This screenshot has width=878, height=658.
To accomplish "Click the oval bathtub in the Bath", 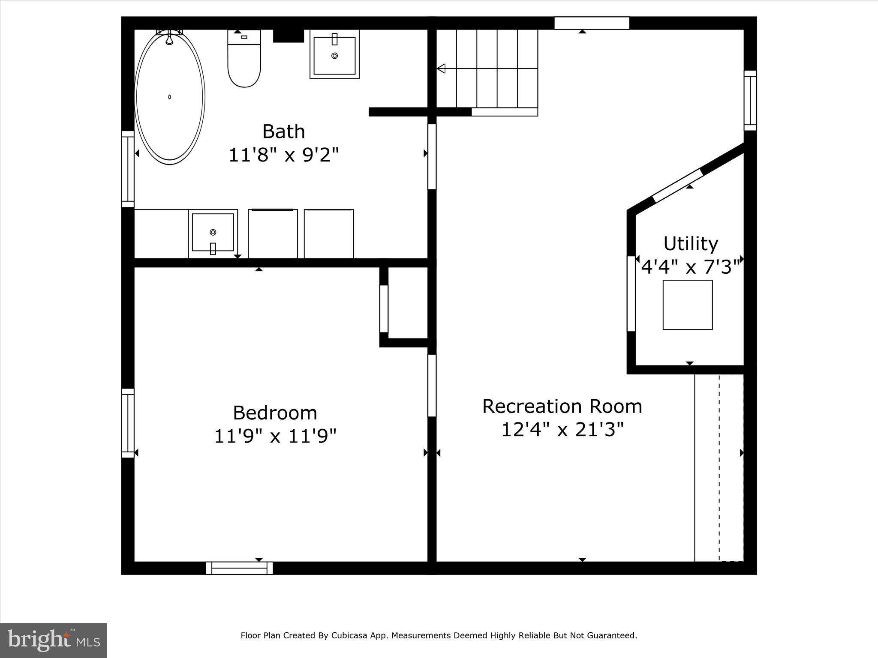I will [170, 98].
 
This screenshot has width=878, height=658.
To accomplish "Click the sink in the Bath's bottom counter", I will [213, 233].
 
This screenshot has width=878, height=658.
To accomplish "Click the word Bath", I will [283, 132].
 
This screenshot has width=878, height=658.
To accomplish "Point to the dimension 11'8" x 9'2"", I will [283, 155].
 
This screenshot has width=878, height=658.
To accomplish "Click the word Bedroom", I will [275, 413].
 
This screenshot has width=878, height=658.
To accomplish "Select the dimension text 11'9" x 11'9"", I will [275, 437].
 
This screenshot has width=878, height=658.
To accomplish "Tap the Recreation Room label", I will [562, 407].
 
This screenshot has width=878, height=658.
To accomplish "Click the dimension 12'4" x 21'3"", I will [562, 430].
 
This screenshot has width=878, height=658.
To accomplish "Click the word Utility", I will [691, 244].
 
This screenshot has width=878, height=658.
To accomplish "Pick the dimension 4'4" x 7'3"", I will [691, 267].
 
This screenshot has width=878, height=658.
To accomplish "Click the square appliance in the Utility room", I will [688, 305].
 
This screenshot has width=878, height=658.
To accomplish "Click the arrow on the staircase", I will [441, 69].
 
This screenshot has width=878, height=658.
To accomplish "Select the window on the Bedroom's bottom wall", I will [239, 568].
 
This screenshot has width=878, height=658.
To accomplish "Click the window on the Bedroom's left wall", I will [128, 423].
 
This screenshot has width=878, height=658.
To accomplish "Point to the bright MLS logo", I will [54, 640].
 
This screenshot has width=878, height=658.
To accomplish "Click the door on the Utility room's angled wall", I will [678, 185].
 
